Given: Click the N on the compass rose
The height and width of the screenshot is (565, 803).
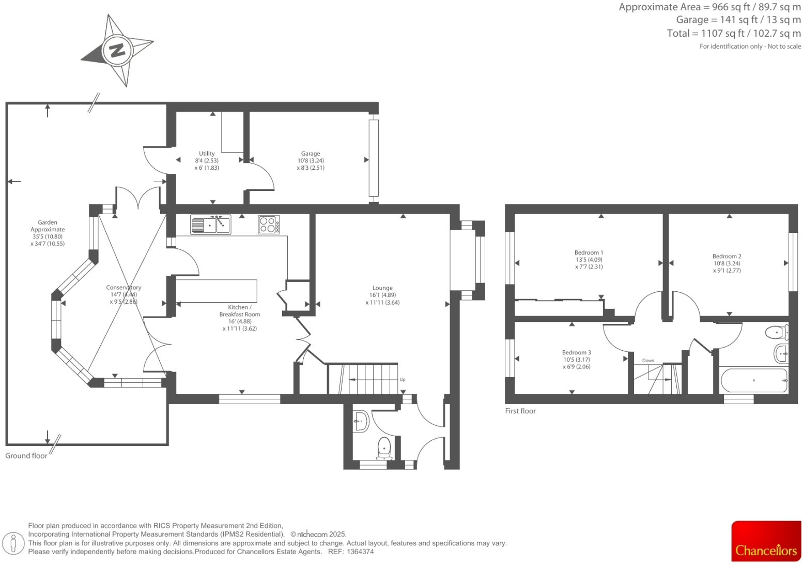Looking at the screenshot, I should pyautogui.click(x=117, y=50).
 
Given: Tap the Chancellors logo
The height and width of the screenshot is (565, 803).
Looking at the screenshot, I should pyautogui.click(x=766, y=542).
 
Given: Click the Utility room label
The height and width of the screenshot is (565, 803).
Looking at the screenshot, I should pyautogui.click(x=207, y=154).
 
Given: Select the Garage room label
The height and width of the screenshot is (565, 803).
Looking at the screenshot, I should pyautogui.click(x=311, y=154).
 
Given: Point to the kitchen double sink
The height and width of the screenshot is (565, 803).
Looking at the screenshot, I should pyautogui.click(x=210, y=225).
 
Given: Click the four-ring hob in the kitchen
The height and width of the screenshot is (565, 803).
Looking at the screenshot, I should pyautogui.click(x=269, y=225).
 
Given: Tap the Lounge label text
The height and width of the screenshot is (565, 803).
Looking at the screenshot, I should pyautogui.click(x=382, y=288).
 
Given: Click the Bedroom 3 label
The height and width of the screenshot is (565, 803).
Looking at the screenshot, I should pyautogui.click(x=577, y=352).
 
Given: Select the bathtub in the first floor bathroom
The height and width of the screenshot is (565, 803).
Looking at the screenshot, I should pyautogui.click(x=754, y=381).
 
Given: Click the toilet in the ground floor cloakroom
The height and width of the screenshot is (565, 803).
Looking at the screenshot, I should pyautogui.click(x=384, y=448).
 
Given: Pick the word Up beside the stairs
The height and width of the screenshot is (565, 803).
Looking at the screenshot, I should pyautogui.click(x=403, y=380).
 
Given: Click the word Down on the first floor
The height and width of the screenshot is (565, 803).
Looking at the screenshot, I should pyautogui.click(x=648, y=361).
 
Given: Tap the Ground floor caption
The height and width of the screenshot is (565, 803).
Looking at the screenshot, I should pyautogui.click(x=26, y=456).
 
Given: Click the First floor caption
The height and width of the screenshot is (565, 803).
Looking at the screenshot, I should pyautogui.click(x=520, y=411).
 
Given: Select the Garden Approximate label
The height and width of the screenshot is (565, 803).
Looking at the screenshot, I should pyautogui.click(x=48, y=226).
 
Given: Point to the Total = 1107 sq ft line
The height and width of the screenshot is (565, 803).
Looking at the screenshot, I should pyautogui.click(x=734, y=33).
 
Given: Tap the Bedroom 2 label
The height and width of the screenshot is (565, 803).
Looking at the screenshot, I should pyautogui.click(x=727, y=256).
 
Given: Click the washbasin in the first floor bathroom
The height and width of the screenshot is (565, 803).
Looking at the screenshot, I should pyautogui.click(x=781, y=354).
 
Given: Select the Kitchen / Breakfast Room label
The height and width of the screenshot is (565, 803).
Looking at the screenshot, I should pyautogui.click(x=240, y=310).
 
